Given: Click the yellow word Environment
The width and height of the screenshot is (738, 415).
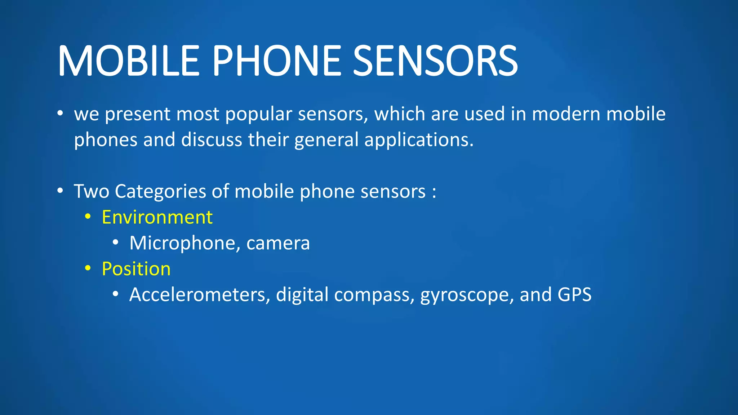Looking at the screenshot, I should pyautogui.click(x=157, y=217).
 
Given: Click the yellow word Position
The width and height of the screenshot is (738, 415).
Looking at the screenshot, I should pyautogui.click(x=136, y=269).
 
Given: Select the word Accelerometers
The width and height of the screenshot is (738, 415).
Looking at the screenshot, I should pyautogui.click(x=200, y=295).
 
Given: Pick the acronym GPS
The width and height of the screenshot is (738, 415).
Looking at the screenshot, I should pyautogui.click(x=574, y=294).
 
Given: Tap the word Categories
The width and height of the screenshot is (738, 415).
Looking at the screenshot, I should pyautogui.click(x=160, y=191).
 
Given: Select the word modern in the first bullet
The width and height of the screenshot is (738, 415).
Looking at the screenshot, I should pyautogui.click(x=566, y=114).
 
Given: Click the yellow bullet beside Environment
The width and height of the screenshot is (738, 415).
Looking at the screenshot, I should pyautogui.click(x=88, y=217).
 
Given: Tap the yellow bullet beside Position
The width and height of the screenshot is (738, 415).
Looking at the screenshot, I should pyautogui.click(x=88, y=269).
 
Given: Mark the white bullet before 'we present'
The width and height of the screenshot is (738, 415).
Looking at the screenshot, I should pyautogui.click(x=60, y=113).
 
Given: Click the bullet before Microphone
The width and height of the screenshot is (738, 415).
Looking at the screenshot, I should pyautogui.click(x=115, y=243).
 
